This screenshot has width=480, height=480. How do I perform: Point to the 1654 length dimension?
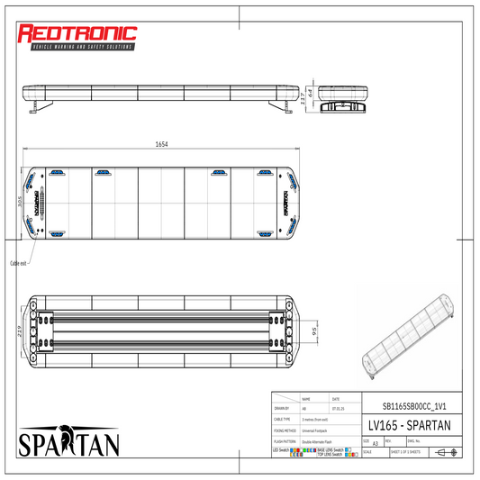161,144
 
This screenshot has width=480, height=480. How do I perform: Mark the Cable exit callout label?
19,263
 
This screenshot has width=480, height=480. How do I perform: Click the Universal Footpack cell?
320,430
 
